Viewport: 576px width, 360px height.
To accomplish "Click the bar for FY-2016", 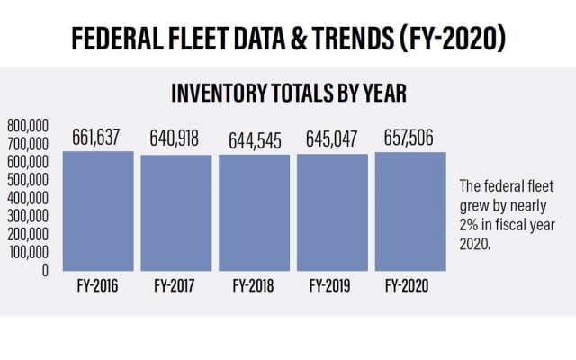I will pyautogui.click(x=98, y=211).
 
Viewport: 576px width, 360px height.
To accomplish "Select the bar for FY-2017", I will pyautogui.click(x=176, y=213).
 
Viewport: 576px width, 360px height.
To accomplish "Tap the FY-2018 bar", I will pyautogui.click(x=254, y=213).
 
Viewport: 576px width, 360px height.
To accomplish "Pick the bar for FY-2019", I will pyautogui.click(x=332, y=213).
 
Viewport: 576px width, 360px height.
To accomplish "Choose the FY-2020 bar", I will pyautogui.click(x=410, y=211).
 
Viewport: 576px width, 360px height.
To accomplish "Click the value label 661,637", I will pyautogui.click(x=98, y=139).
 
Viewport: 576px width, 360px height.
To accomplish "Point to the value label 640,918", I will pyautogui.click(x=176, y=139).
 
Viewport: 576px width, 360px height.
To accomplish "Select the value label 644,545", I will pyautogui.click(x=254, y=139).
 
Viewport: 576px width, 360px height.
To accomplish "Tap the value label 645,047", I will pyautogui.click(x=332, y=139).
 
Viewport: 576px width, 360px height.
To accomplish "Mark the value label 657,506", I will pyautogui.click(x=410, y=139).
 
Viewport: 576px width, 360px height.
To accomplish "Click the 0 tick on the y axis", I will pyautogui.click(x=44, y=269).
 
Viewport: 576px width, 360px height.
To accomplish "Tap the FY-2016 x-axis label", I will pyautogui.click(x=98, y=287).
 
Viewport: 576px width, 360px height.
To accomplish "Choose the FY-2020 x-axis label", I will pyautogui.click(x=410, y=287).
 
